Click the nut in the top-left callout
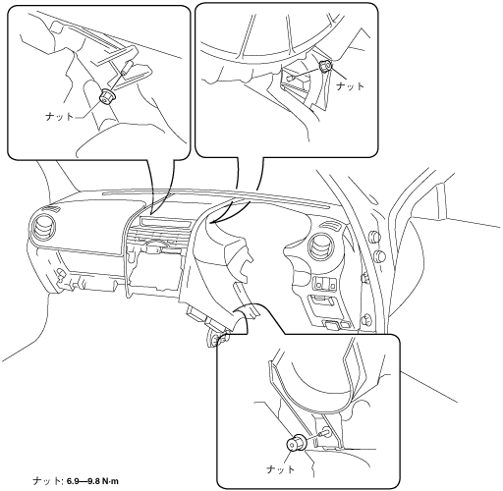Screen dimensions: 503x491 pyautogui.click(x=107, y=96)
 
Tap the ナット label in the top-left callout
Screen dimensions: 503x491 pyautogui.click(x=59, y=116)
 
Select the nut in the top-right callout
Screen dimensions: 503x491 pyautogui.click(x=325, y=67)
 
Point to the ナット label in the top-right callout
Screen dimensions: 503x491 pyautogui.click(x=351, y=86)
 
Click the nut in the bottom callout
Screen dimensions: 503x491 pyautogui.click(x=296, y=443)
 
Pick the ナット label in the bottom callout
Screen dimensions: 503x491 pyautogui.click(x=281, y=469)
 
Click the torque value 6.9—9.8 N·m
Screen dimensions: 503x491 pyautogui.click(x=92, y=481)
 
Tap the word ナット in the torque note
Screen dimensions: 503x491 pyautogui.click(x=46, y=481)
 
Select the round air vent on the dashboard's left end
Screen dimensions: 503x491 pyautogui.click(x=41, y=228)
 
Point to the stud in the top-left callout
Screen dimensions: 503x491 pyautogui.click(x=127, y=69)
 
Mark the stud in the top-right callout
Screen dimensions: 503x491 pyautogui.click(x=290, y=79)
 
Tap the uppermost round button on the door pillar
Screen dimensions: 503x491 pyautogui.click(x=375, y=237)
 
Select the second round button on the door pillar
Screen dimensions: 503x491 pyautogui.click(x=380, y=255)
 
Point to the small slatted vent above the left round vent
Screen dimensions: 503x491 pyautogui.click(x=52, y=208)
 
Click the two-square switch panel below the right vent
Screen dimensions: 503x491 pyautogui.click(x=323, y=284)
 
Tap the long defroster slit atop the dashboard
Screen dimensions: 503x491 pyautogui.click(x=216, y=199)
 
